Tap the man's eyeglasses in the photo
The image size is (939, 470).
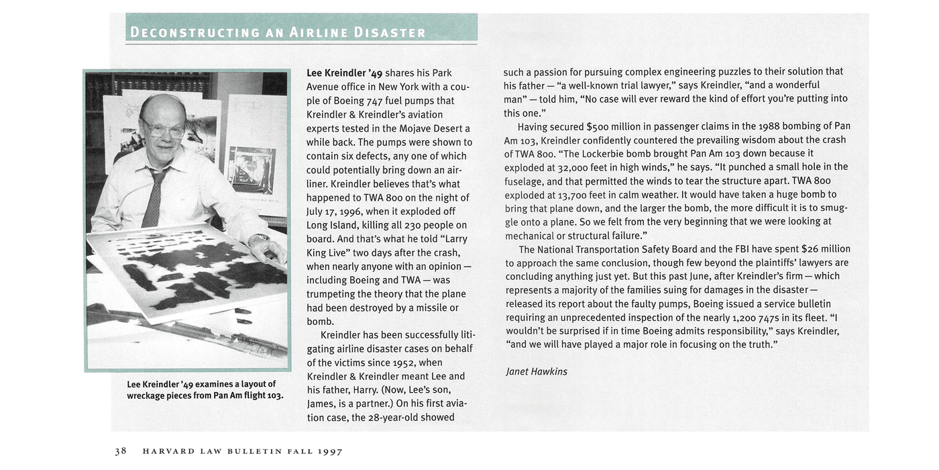point(162,128)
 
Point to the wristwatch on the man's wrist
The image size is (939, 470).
point(258,239)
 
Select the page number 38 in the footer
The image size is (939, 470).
point(121,451)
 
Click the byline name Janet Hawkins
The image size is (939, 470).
point(537,371)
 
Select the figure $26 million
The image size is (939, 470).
point(825,249)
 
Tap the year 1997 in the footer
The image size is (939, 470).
point(330,451)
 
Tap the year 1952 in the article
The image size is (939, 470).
point(404,363)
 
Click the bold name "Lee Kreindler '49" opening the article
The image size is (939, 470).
point(344,73)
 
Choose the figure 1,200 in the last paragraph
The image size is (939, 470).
point(748,318)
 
